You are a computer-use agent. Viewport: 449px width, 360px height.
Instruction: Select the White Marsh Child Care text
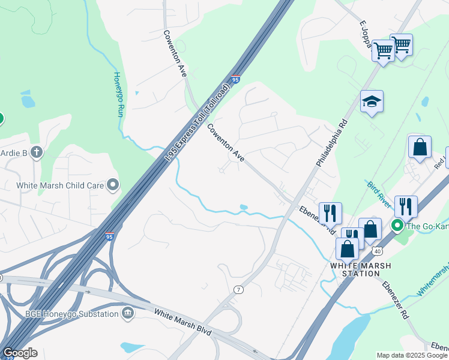point(61,185)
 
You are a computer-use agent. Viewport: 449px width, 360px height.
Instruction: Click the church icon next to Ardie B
point(37,152)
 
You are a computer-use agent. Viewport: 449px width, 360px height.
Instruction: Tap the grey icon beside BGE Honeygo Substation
point(127,313)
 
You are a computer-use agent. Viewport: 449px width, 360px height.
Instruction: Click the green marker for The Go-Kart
point(397,226)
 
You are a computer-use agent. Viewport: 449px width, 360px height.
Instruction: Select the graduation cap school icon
point(372,103)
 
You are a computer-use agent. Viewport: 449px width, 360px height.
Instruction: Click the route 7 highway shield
point(239,290)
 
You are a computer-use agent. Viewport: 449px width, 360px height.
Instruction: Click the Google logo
point(20,353)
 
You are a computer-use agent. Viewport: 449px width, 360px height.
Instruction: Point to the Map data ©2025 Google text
point(411,355)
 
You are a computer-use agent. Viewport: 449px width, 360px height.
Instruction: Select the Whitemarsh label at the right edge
point(433,281)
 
